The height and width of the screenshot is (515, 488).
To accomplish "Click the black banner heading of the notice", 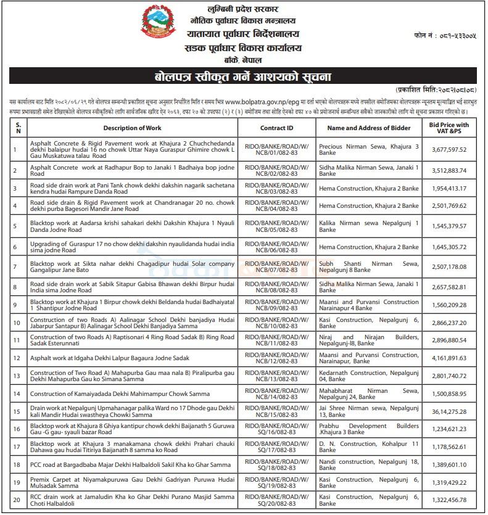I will coord(243,77).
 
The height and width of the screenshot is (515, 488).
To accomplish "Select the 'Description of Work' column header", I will coord(132,128).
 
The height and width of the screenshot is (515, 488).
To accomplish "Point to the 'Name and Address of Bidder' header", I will coord(368,128).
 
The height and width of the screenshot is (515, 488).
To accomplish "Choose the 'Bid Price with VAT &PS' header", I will coord(449,128).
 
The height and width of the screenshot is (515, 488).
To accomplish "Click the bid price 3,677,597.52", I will coord(449,149).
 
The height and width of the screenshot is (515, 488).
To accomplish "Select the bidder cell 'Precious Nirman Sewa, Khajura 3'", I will coord(368,149).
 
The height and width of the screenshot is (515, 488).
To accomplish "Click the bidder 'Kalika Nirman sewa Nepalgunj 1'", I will coord(368,226).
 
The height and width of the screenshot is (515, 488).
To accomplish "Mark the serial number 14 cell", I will coord(17,393).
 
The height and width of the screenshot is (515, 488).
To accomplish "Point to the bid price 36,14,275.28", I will coord(449,410).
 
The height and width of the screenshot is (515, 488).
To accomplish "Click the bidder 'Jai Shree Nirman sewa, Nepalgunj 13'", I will coord(368,410).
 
